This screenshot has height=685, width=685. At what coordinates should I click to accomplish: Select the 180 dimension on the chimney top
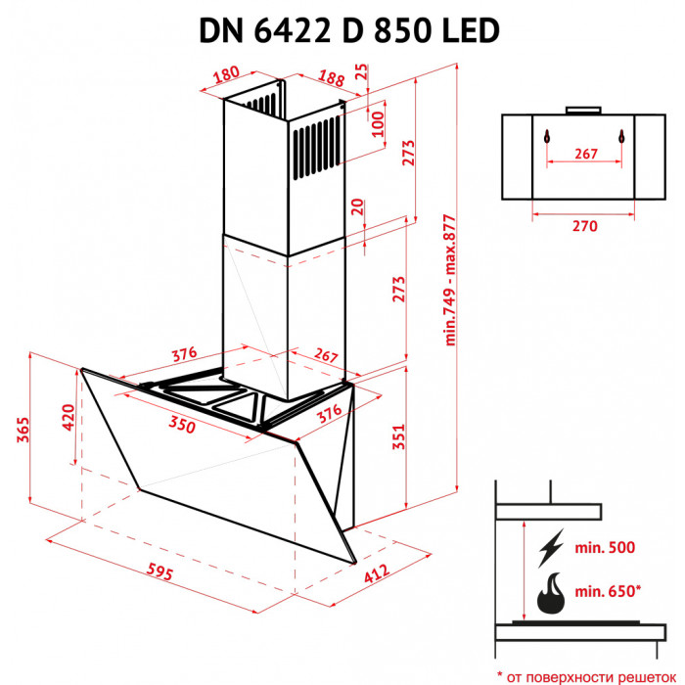point(226,73)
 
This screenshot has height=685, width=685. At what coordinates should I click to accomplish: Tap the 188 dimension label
point(331,77)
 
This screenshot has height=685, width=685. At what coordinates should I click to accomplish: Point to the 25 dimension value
point(362,71)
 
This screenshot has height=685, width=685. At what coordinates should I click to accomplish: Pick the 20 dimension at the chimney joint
point(359,207)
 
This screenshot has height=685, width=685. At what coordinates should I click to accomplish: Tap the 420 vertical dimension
point(68,418)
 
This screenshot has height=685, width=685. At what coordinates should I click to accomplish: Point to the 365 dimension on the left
point(21,432)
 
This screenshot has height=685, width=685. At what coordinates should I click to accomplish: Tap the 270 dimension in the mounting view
point(584,227)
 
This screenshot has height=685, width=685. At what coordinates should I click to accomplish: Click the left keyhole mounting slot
point(548,137)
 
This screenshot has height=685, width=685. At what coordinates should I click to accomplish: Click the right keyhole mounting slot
point(620,137)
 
